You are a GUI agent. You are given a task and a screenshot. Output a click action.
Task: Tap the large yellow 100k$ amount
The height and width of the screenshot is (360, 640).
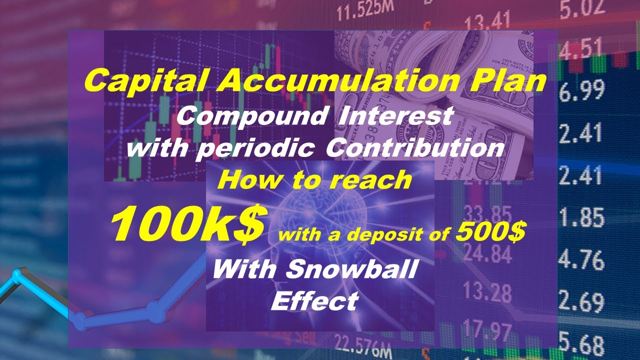187,224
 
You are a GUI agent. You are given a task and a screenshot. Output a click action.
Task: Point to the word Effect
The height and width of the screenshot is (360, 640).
315,301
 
